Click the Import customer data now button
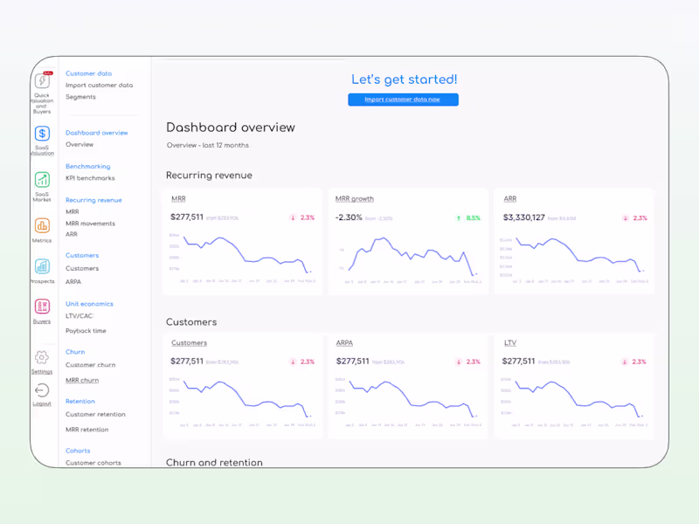pyautogui.click(x=403, y=100)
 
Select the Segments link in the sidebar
pyautogui.click(x=80, y=97)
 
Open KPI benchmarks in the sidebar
pyautogui.click(x=90, y=178)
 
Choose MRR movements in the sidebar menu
pyautogui.click(x=90, y=224)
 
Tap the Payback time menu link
pyautogui.click(x=86, y=331)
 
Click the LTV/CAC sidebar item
pyautogui.click(x=79, y=316)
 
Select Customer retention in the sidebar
pyautogui.click(x=95, y=415)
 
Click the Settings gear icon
pyautogui.click(x=42, y=357)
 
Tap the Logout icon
pyautogui.click(x=42, y=390)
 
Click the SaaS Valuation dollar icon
pyautogui.click(x=42, y=134)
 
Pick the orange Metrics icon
pyautogui.click(x=42, y=226)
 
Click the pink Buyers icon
pyautogui.click(x=42, y=307)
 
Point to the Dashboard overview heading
pyautogui.click(x=231, y=128)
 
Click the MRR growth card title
pyautogui.click(x=355, y=199)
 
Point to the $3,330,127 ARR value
pyautogui.click(x=523, y=217)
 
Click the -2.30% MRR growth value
pyautogui.click(x=349, y=217)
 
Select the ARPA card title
pyautogui.click(x=344, y=343)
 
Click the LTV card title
pyautogui.click(x=509, y=343)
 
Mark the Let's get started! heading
pyautogui.click(x=404, y=80)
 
